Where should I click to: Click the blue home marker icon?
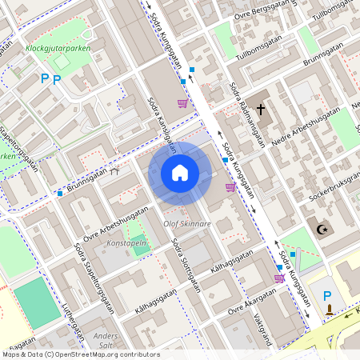pos(180,173)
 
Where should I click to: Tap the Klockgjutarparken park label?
pos(57,48)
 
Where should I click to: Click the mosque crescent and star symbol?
pos(324,230)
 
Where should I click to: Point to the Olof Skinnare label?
pos(187,224)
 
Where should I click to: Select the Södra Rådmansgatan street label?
pos(247,115)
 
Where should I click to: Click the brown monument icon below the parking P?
pos(329,310)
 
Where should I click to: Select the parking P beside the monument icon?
pos(327,296)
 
